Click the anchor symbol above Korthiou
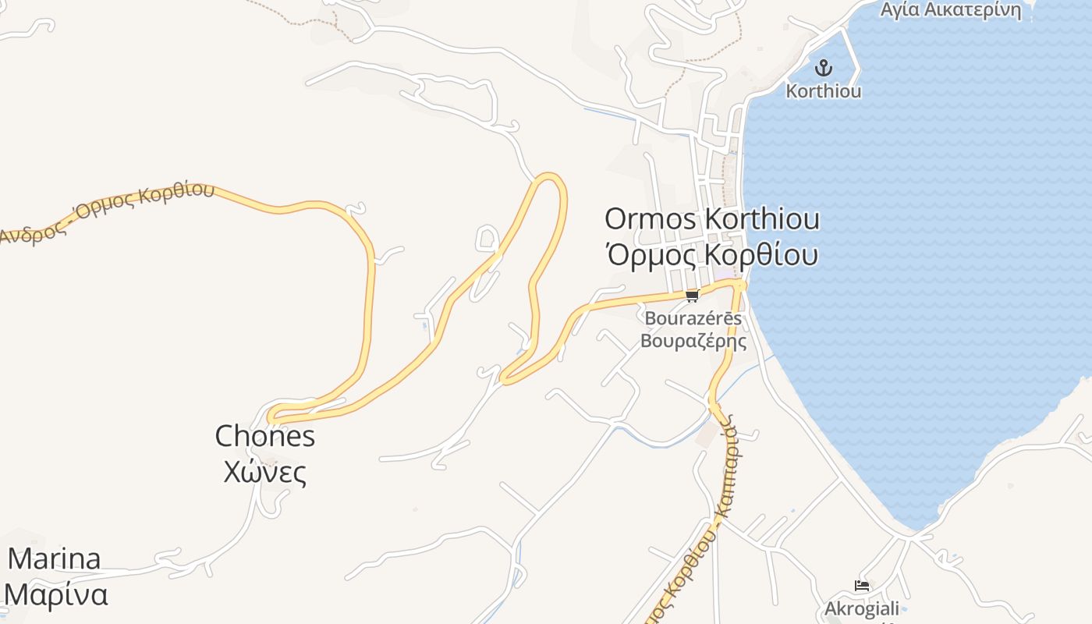tap(823, 68)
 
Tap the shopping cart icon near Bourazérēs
tap(692, 296)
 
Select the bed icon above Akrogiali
tap(862, 585)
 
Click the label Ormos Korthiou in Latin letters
tap(711, 219)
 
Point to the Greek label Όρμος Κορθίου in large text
tap(711, 255)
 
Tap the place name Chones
tap(264, 436)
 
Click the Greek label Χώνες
tap(264, 472)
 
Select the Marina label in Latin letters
tap(54, 558)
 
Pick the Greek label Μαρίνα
tap(56, 594)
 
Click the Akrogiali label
tap(862, 608)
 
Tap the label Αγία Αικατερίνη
tap(950, 10)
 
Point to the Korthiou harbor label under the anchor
tap(823, 91)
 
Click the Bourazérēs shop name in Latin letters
tap(693, 318)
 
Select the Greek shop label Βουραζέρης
tap(693, 341)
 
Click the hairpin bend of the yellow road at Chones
tap(271, 416)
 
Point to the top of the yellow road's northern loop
tap(550, 176)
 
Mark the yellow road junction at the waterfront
tap(739, 285)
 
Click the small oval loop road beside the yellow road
tap(487, 238)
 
